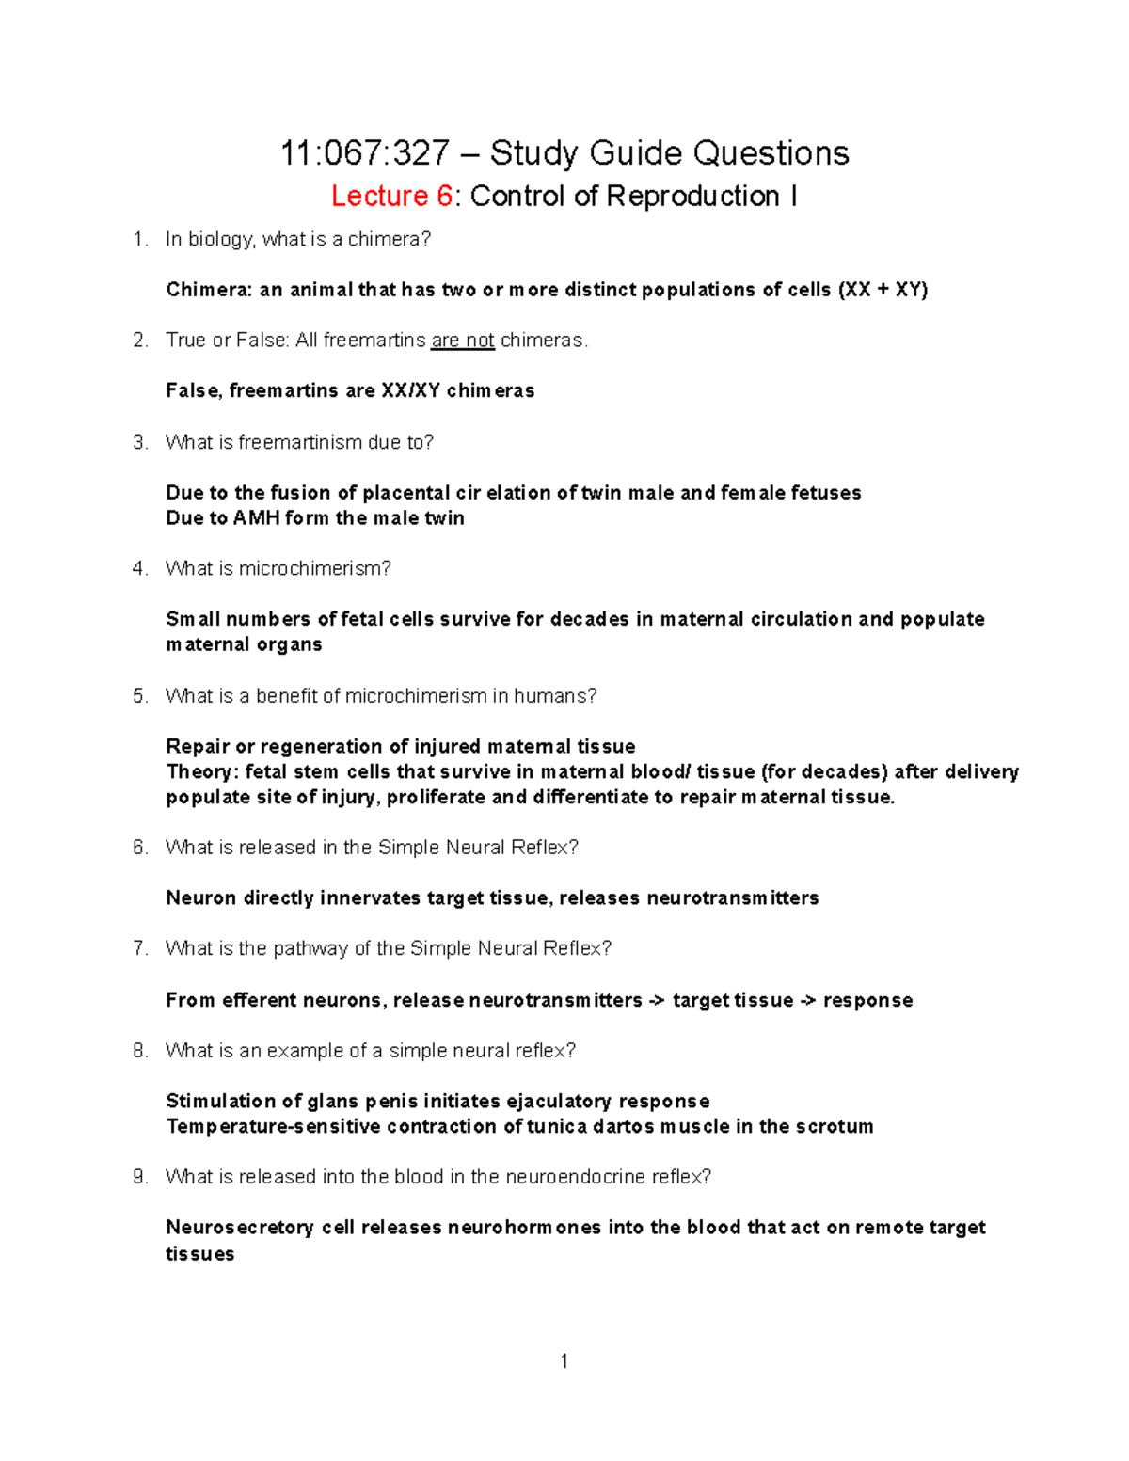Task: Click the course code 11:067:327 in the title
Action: point(364,152)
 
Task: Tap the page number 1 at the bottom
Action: point(564,1361)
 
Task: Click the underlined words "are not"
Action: point(462,340)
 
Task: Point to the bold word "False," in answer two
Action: point(194,390)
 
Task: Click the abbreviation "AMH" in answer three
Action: point(255,518)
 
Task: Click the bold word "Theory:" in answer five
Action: point(202,772)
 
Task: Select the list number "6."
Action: point(141,847)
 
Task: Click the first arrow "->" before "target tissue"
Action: point(657,1000)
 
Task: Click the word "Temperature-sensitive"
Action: point(273,1126)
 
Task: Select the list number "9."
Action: point(141,1177)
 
